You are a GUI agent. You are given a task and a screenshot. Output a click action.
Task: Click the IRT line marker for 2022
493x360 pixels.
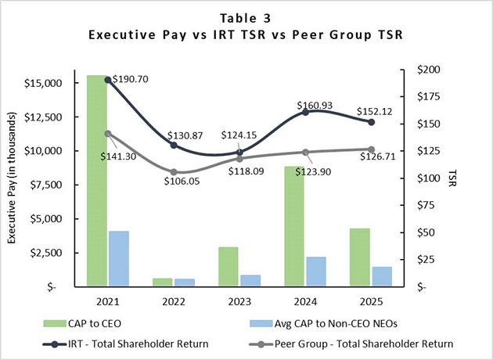click(x=174, y=145)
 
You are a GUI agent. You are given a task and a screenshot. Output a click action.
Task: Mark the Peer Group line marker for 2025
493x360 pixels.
click(x=372, y=149)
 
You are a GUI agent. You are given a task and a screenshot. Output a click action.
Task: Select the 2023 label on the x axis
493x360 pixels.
click(x=239, y=301)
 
